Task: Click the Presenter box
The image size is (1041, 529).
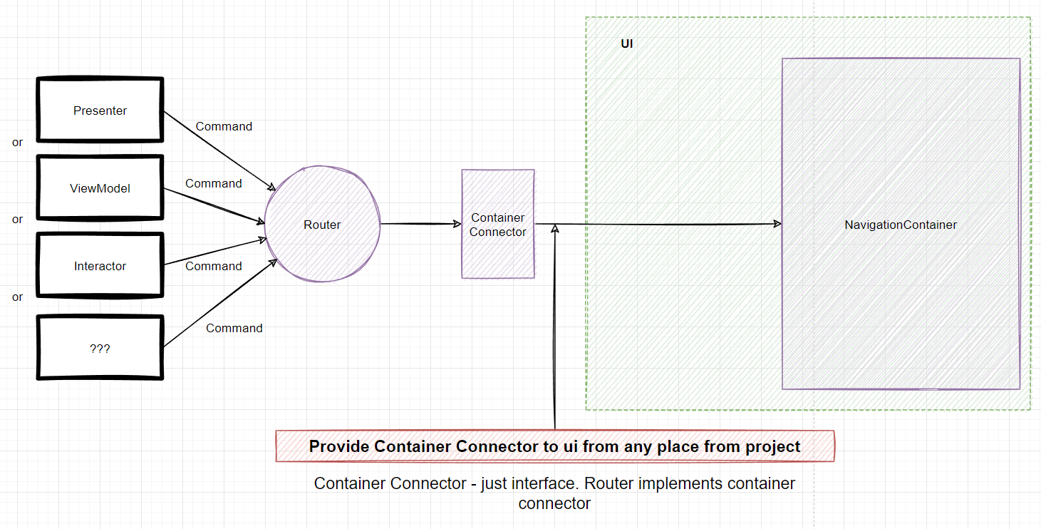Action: point(100,111)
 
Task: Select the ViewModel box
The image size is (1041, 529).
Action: point(100,188)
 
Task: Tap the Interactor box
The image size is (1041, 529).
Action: point(100,266)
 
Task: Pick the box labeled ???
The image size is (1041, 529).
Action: point(100,349)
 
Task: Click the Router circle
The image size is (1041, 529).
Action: point(322,225)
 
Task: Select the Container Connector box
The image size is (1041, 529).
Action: point(498,224)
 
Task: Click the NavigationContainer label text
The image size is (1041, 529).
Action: point(901,225)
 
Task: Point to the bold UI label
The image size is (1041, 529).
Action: point(627,43)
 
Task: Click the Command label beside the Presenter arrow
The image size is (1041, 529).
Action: point(224,126)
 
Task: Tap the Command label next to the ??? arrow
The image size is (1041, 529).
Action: point(234,328)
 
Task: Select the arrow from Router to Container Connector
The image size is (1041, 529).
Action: point(421,224)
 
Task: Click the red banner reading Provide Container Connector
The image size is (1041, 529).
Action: point(554,446)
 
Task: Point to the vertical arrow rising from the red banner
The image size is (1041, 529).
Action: point(554,328)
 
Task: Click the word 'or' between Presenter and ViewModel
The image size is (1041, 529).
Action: point(18,142)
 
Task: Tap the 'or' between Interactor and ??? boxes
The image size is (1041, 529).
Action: point(18,297)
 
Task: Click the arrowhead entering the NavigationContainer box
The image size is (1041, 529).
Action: point(777,224)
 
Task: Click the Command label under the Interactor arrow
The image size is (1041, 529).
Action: point(214,266)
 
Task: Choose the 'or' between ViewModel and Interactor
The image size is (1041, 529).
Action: point(18,220)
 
